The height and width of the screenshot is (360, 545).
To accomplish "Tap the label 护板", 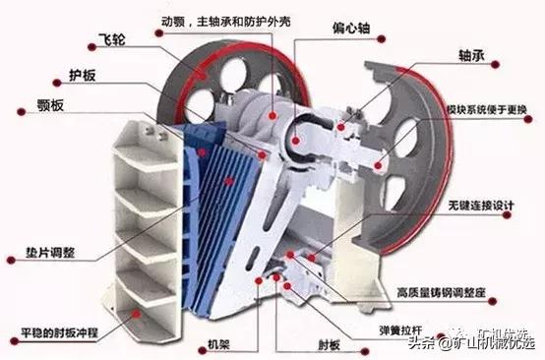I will click(x=82, y=74).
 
